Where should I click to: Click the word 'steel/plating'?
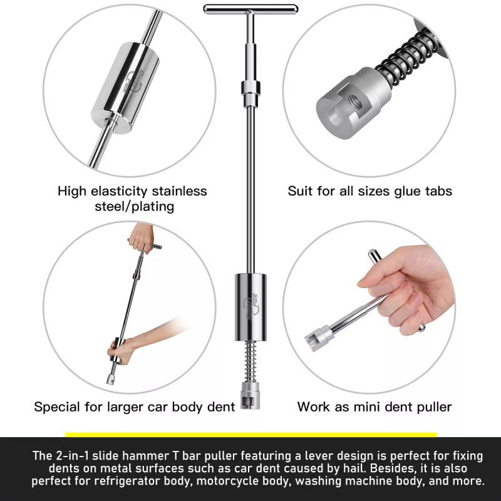pos(132,205)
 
